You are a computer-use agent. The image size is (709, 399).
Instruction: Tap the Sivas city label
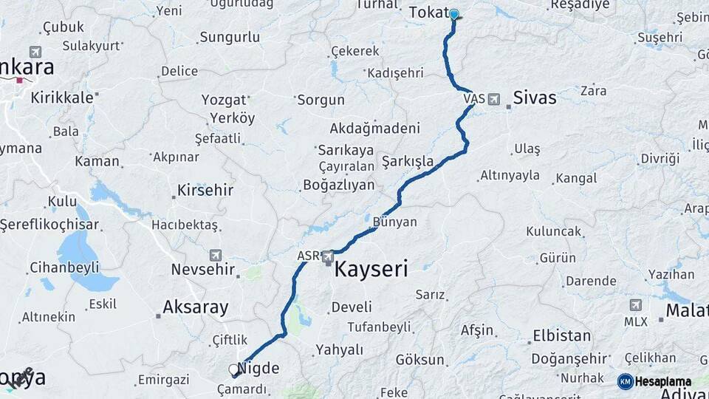tap(534, 98)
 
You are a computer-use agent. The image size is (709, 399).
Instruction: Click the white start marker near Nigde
tap(234, 369)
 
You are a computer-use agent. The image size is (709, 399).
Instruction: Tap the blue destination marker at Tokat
tap(454, 14)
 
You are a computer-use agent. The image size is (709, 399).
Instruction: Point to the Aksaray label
tap(195, 307)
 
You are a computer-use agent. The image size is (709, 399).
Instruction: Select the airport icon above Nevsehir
tap(216, 255)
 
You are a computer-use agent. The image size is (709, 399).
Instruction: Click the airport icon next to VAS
tap(493, 98)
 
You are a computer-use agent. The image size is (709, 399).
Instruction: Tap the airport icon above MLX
tap(636, 305)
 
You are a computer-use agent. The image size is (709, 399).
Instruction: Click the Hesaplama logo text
tap(663, 381)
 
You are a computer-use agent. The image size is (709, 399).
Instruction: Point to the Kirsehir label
tap(205, 191)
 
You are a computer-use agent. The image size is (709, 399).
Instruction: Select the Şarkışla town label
tap(407, 160)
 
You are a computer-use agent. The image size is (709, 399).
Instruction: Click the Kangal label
tap(576, 178)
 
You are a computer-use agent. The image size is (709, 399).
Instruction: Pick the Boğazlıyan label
tap(339, 185)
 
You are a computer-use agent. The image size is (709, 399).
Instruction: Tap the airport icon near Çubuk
tap(35, 52)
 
